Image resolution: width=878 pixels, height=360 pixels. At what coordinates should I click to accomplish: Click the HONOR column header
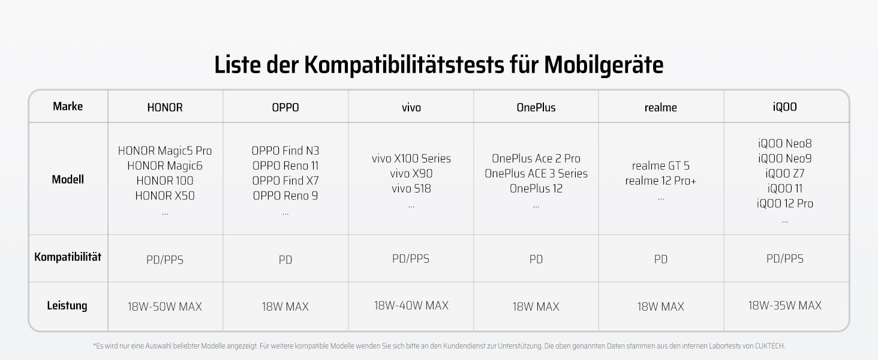pyautogui.click(x=165, y=107)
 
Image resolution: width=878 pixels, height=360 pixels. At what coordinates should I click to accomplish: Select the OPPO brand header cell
pyautogui.click(x=285, y=107)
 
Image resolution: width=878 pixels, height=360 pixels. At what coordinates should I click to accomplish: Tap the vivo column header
pyautogui.click(x=411, y=107)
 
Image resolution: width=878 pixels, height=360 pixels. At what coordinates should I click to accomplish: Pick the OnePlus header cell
pyautogui.click(x=536, y=107)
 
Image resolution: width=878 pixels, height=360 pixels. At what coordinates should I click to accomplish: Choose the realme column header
pyautogui.click(x=660, y=107)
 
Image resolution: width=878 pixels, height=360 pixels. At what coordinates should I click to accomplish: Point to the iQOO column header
pyautogui.click(x=784, y=107)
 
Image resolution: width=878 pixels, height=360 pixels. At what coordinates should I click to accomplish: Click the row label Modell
pyautogui.click(x=68, y=179)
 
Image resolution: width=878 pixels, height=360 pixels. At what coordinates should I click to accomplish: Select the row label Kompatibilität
pyautogui.click(x=68, y=257)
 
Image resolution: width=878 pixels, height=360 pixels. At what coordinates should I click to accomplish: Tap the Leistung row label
pyautogui.click(x=67, y=305)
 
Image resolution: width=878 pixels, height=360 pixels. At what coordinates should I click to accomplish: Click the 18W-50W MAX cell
pyautogui.click(x=165, y=307)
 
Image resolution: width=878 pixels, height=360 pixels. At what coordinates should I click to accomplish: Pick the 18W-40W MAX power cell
pyautogui.click(x=411, y=305)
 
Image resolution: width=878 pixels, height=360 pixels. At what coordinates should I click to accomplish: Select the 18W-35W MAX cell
pyautogui.click(x=784, y=305)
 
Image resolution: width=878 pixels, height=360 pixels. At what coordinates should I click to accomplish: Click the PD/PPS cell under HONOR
pyautogui.click(x=165, y=260)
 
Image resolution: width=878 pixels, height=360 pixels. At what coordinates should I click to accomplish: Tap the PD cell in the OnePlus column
pyautogui.click(x=536, y=259)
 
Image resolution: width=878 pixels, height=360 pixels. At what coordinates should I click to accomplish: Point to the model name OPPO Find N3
pyautogui.click(x=285, y=151)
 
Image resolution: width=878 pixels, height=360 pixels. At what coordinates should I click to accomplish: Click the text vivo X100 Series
pyautogui.click(x=411, y=158)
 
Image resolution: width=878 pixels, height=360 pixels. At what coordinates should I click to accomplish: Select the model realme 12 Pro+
pyautogui.click(x=660, y=181)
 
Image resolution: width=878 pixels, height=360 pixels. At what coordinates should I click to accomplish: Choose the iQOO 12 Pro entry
pyautogui.click(x=784, y=203)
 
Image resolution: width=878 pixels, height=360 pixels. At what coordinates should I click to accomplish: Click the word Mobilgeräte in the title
pyautogui.click(x=603, y=65)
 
